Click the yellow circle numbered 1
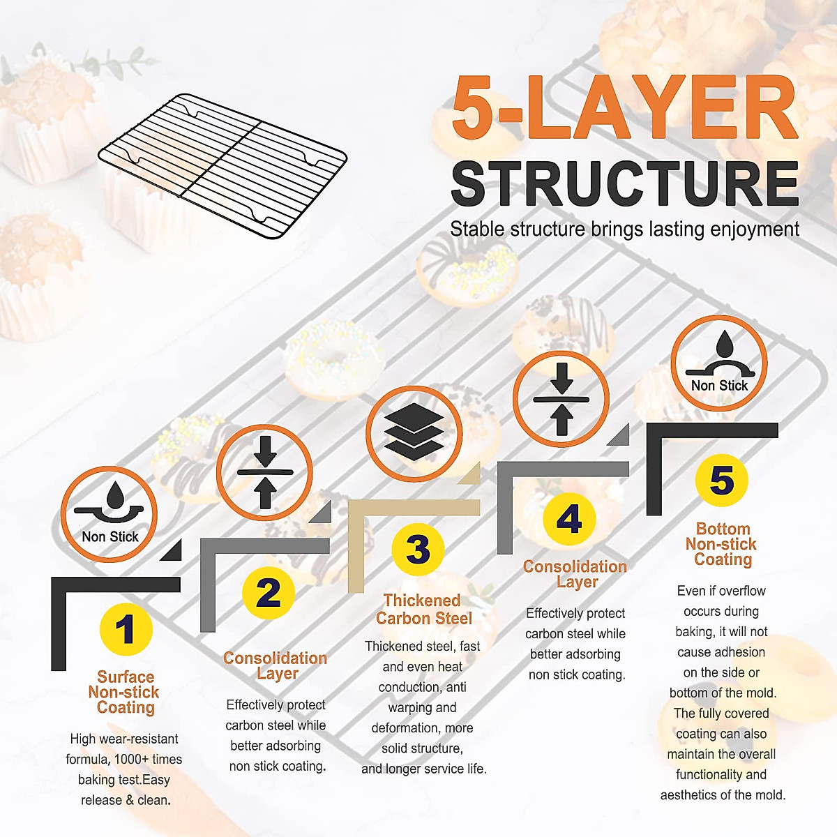[x=126, y=629]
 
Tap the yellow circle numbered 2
[x=269, y=593]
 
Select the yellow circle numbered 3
[x=418, y=549]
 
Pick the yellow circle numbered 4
[x=569, y=518]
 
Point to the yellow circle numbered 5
[x=721, y=481]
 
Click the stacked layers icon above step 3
[x=414, y=433]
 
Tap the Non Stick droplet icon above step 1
[x=110, y=514]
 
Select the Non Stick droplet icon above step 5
[x=719, y=363]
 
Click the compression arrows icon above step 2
[x=264, y=472]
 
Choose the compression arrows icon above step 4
[x=561, y=399]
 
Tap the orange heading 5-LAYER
[x=624, y=108]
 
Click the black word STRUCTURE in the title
[x=624, y=183]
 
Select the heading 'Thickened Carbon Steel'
[x=423, y=610]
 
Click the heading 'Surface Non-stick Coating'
[x=125, y=692]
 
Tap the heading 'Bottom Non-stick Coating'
[x=722, y=544]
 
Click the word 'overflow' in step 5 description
[x=743, y=591]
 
